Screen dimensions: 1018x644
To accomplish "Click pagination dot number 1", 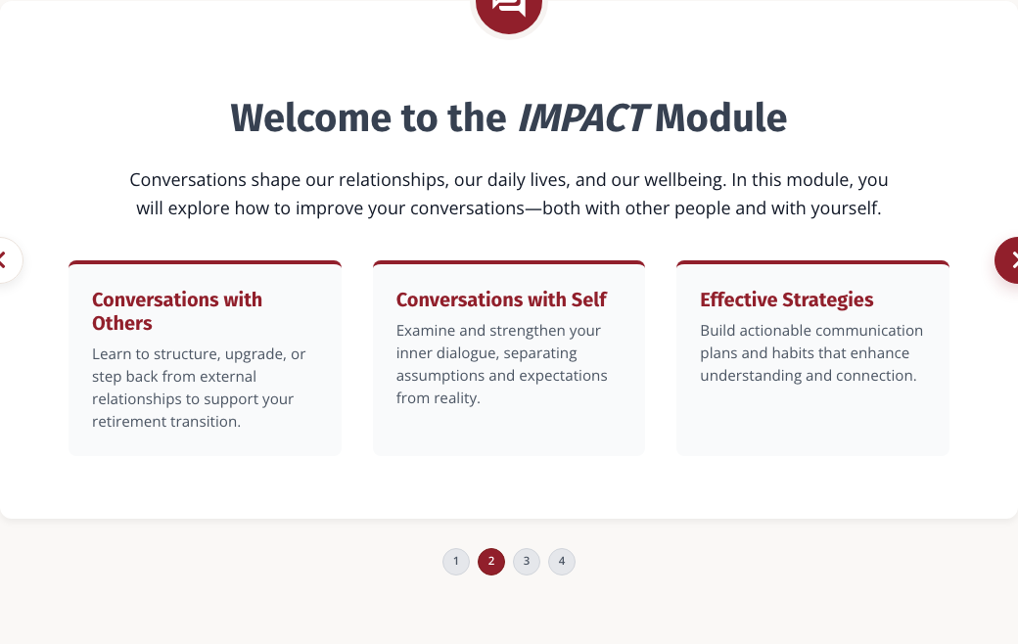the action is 456,562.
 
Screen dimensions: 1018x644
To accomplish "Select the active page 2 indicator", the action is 491,562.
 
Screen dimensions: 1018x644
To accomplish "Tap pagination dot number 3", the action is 527,562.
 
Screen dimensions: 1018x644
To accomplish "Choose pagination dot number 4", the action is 562,562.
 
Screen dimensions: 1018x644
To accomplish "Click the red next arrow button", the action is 1007,260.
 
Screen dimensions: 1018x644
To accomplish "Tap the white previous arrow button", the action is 9,260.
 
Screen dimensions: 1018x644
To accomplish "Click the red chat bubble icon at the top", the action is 509,12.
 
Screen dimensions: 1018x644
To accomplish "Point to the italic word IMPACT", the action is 582,118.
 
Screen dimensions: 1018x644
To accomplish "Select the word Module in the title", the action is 720,118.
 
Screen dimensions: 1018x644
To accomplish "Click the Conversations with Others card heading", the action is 177,311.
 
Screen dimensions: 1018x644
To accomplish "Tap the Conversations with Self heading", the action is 501,299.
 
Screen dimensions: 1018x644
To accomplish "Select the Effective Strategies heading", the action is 786,299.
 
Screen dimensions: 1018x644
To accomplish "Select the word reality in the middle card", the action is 457,398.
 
